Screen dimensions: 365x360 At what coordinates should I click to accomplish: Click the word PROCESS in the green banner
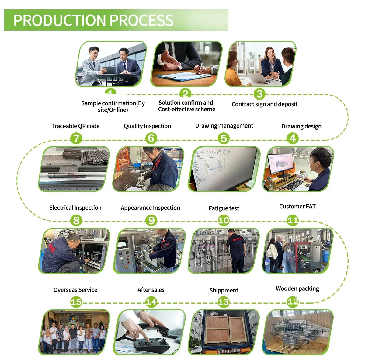point(141,20)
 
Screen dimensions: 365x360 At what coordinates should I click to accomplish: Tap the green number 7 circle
point(76,138)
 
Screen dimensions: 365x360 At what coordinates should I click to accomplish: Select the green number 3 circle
point(259,94)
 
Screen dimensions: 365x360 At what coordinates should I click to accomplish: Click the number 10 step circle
point(224,221)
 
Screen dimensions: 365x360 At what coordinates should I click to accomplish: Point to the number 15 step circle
point(76,302)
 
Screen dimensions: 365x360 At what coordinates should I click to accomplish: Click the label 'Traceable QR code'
point(75,126)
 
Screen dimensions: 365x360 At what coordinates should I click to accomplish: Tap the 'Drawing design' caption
point(301,127)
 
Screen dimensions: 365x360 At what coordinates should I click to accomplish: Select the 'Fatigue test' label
point(224,208)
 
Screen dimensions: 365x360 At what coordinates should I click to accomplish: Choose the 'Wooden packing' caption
point(297,289)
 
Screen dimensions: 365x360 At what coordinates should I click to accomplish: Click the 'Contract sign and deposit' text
point(264,104)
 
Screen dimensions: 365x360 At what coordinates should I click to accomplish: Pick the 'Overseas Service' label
point(75,290)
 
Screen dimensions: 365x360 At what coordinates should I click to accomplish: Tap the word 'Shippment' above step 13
point(224,290)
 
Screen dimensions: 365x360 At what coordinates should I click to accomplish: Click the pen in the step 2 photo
point(200,68)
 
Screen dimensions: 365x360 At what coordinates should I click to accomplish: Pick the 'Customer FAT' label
point(297,206)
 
